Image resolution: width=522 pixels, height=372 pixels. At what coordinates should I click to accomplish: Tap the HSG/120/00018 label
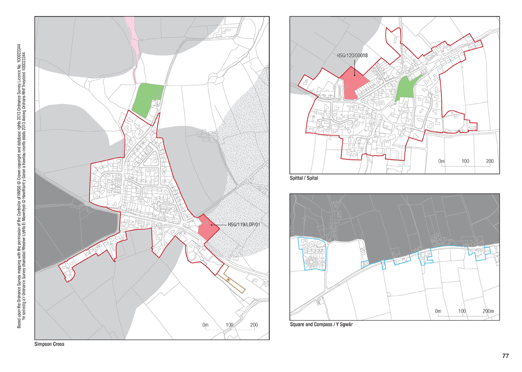(352, 56)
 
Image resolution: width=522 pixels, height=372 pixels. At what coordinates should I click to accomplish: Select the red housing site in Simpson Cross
(205, 227)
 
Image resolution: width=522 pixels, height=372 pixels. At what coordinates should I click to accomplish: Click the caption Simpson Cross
(49, 344)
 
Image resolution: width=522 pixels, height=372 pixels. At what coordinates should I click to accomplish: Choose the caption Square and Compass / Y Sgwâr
(322, 325)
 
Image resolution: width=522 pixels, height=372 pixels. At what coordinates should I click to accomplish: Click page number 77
(505, 356)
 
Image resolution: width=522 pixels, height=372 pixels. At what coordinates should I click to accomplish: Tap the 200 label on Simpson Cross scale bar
(253, 325)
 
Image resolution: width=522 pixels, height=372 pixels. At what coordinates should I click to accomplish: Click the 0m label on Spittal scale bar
(441, 161)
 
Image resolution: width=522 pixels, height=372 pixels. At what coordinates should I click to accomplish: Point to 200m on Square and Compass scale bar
(488, 311)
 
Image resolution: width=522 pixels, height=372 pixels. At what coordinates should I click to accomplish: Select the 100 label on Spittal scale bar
(465, 161)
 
